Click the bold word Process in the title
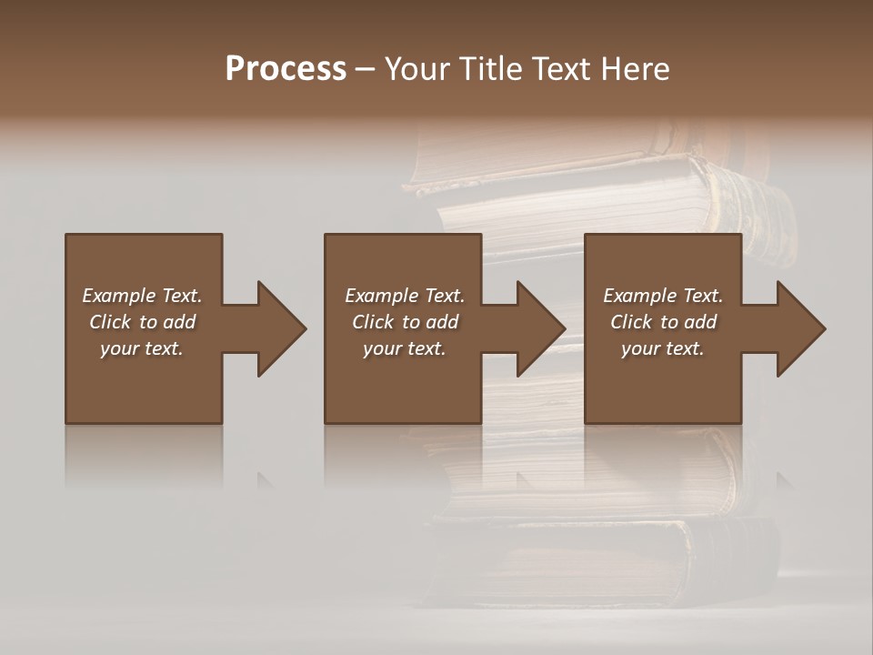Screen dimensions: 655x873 [x=286, y=69]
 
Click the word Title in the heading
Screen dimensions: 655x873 [x=488, y=69]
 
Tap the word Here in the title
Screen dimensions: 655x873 [x=637, y=69]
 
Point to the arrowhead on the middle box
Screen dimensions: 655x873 [x=537, y=328]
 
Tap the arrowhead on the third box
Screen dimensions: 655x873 [x=798, y=328]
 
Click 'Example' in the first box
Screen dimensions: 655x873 [x=119, y=296]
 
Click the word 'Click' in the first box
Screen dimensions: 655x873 [x=110, y=322]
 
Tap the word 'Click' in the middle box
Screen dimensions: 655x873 [x=373, y=322]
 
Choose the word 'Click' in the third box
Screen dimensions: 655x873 [x=631, y=322]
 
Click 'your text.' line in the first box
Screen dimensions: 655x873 [x=142, y=348]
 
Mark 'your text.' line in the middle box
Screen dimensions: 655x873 [x=405, y=348]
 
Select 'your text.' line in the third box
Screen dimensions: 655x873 [x=663, y=348]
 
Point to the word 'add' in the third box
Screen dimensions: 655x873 [x=701, y=322]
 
